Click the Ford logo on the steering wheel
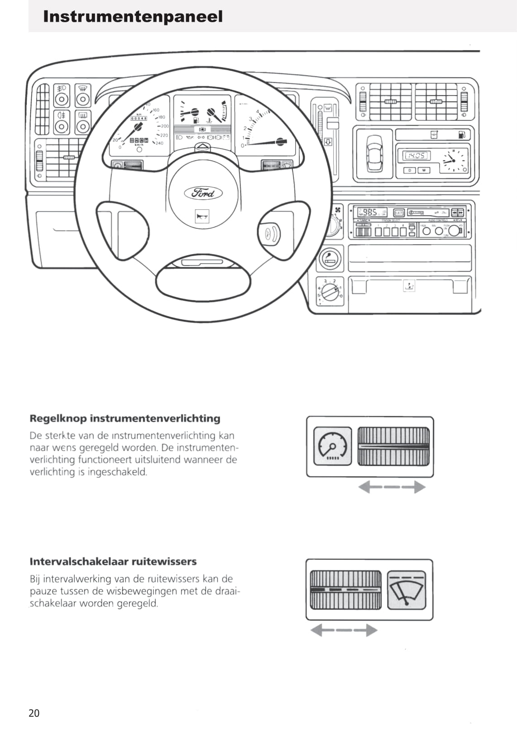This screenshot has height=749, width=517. tap(203, 193)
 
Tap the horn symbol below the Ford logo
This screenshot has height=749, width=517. tap(202, 217)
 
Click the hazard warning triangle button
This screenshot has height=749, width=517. tap(203, 147)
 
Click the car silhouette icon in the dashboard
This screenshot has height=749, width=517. tap(374, 153)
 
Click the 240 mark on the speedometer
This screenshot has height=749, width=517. tap(159, 143)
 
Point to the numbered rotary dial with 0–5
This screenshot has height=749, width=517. tap(330, 290)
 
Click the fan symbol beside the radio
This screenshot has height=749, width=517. tap(338, 210)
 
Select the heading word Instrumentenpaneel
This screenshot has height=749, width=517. tap(133, 17)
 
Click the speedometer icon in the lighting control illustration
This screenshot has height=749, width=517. tap(332, 446)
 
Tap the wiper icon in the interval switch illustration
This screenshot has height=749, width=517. tap(407, 590)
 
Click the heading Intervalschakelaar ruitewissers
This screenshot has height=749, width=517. tap(113, 562)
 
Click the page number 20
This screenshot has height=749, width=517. tap(34, 713)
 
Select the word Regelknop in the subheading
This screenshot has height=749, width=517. tap(58, 418)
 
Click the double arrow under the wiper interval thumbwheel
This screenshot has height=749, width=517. tap(344, 630)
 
